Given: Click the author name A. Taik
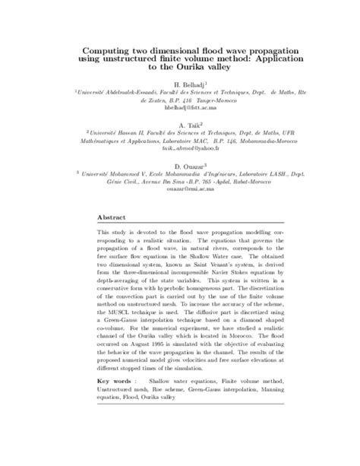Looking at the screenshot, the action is coord(179,125).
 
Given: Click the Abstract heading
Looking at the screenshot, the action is coord(112,215).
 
